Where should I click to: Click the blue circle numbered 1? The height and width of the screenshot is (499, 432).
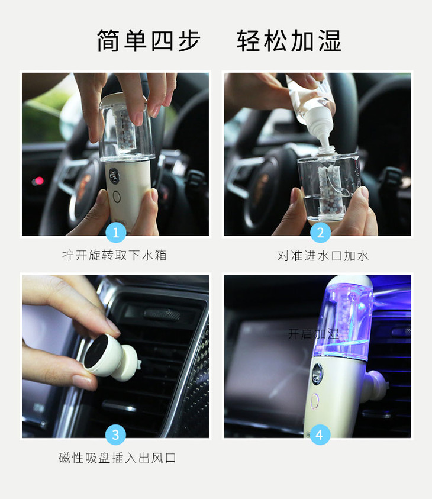click(116, 233)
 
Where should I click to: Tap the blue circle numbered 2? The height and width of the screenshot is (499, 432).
click(320, 233)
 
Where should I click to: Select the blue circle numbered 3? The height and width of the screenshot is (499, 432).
click(115, 434)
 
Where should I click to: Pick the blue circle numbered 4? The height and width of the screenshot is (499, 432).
click(320, 434)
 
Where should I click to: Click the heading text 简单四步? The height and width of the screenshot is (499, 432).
click(149, 41)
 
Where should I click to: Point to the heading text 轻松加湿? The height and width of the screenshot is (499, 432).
click(289, 41)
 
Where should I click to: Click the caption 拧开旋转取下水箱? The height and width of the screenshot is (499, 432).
click(115, 255)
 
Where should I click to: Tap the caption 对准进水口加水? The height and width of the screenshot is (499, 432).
click(323, 256)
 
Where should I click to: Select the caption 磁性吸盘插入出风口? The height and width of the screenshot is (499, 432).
click(117, 458)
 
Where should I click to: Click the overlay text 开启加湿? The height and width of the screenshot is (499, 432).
click(314, 334)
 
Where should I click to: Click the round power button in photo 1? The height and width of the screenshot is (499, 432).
click(117, 197)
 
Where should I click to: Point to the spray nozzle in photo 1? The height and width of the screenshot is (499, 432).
click(114, 175)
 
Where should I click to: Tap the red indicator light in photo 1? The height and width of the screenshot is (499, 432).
click(39, 181)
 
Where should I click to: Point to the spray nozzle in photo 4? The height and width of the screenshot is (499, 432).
click(317, 374)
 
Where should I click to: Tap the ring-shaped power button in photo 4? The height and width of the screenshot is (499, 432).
click(315, 401)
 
